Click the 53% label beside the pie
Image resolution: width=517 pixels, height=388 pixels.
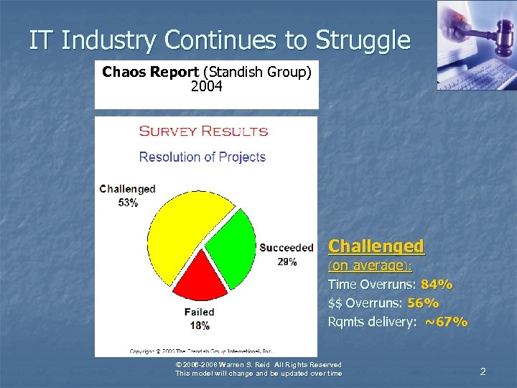click(x=129, y=203)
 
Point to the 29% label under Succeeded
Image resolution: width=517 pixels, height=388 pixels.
click(x=287, y=262)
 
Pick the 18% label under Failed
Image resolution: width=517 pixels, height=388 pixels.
click(x=199, y=325)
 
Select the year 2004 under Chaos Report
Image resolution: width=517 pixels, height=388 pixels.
click(x=207, y=87)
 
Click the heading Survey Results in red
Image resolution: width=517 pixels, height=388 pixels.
click(x=203, y=131)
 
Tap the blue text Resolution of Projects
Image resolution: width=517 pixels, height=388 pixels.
click(x=202, y=157)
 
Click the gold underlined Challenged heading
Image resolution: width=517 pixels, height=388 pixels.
click(x=376, y=246)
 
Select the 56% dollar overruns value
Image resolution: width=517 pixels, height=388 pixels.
click(x=423, y=303)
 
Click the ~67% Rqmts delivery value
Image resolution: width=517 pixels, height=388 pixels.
click(x=446, y=322)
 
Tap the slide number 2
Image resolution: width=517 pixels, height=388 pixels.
click(x=483, y=371)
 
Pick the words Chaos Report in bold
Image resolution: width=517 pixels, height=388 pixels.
click(x=150, y=72)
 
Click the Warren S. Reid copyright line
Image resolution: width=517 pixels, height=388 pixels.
click(x=258, y=365)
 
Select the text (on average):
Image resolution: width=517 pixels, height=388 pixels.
click(x=370, y=266)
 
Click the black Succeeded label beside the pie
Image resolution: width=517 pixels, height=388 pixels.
click(x=287, y=248)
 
